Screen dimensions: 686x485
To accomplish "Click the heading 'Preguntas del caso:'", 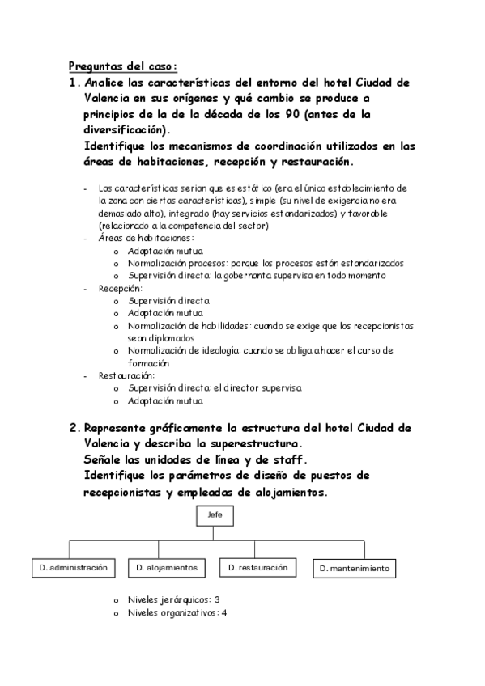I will point(121,66).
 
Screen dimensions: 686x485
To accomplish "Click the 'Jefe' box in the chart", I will point(215,515).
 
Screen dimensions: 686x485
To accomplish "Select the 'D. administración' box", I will point(73,568).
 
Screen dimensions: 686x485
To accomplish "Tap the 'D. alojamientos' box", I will point(166,568).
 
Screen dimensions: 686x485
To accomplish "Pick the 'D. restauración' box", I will point(257,568).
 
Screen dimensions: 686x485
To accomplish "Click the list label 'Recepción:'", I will point(121,288).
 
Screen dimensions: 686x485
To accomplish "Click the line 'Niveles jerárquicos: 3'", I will point(174,600).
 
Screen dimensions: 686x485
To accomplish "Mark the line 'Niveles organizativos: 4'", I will point(177,613).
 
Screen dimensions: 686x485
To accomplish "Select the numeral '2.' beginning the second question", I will point(74,428).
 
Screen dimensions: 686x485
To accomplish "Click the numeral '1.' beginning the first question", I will point(74,83).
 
